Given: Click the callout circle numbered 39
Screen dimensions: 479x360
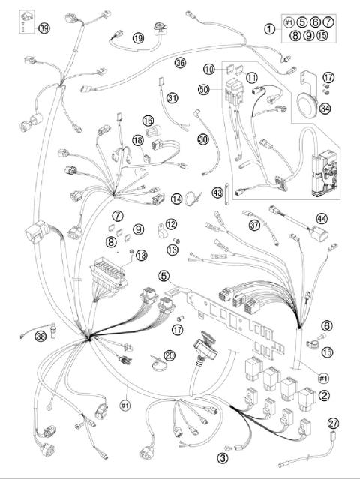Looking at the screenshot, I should [x=44, y=28].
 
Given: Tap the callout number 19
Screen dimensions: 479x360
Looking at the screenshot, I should [x=137, y=37].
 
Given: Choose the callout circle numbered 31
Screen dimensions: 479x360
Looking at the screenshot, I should [x=173, y=97].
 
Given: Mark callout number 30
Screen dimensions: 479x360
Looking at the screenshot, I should [x=202, y=139].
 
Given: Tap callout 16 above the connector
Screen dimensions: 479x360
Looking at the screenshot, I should [x=148, y=121].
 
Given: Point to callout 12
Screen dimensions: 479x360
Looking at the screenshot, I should [x=171, y=223].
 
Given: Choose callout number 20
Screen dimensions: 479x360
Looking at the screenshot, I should [x=169, y=355].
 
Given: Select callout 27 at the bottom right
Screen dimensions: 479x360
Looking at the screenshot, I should [x=334, y=423].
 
